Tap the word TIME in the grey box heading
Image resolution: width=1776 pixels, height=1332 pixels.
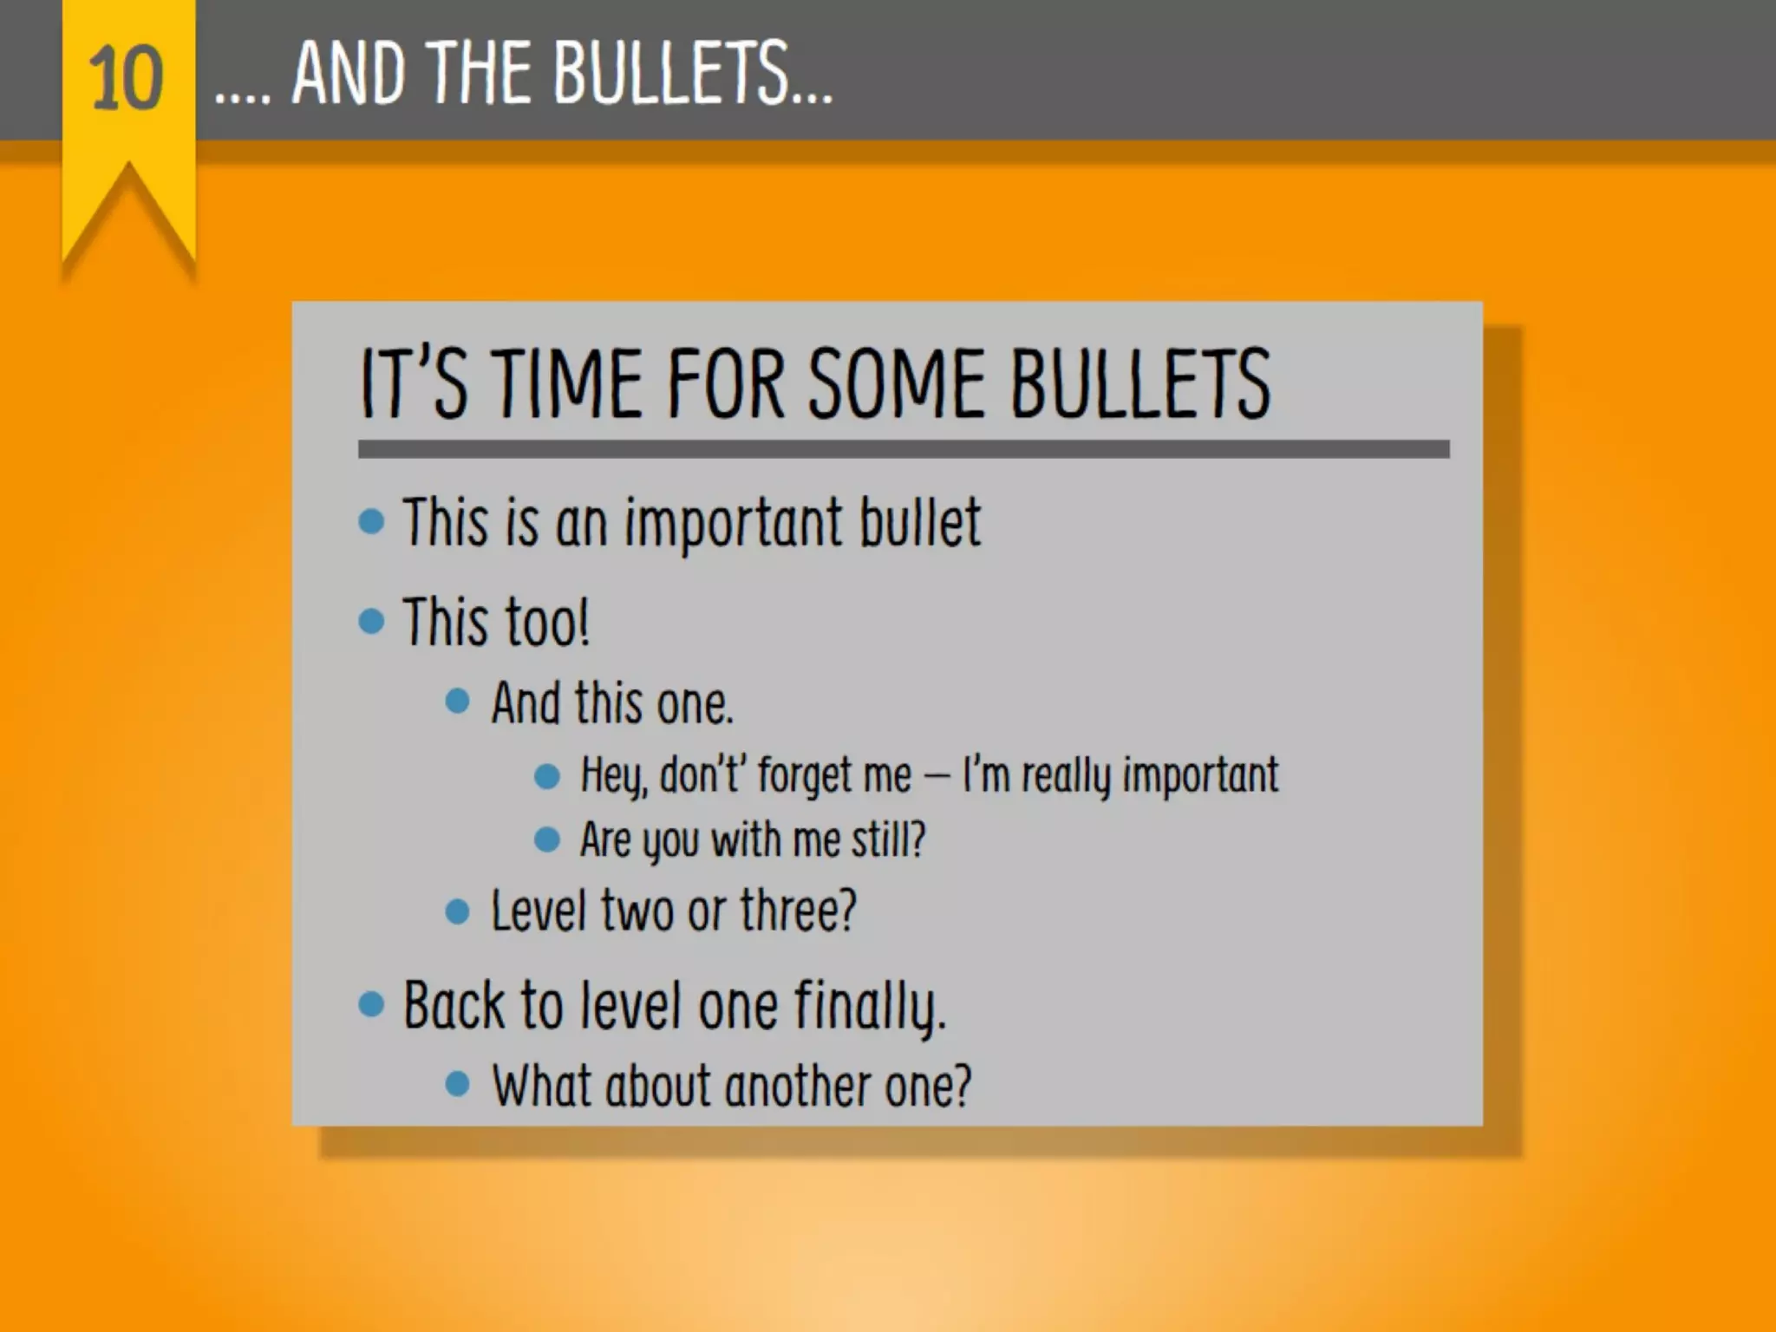pos(568,383)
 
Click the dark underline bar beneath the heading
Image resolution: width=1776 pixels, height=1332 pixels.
pos(903,448)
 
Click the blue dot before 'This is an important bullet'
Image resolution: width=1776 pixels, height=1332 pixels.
pos(371,521)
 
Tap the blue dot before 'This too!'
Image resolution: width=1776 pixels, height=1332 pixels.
pos(371,621)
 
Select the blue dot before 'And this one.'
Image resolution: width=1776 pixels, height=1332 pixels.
pos(457,701)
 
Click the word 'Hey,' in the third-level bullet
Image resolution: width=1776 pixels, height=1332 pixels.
pos(613,775)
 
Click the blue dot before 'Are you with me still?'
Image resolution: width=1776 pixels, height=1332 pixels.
pos(547,839)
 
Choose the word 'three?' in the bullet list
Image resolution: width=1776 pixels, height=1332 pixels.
pos(798,911)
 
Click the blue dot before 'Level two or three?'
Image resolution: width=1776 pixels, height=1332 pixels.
pos(457,911)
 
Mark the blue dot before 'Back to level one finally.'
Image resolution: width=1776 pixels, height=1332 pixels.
pos(371,1004)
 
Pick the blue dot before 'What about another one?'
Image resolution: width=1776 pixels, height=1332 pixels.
pos(457,1083)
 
